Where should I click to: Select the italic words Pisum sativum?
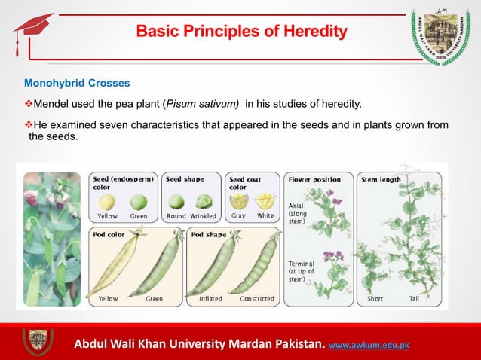pyautogui.click(x=201, y=103)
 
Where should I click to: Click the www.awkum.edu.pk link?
pyautogui.click(x=371, y=346)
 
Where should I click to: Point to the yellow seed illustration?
pyautogui.click(x=108, y=202)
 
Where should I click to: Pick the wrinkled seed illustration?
pyautogui.click(x=204, y=202)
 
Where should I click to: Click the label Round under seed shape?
pyautogui.click(x=176, y=216)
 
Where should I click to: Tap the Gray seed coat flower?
pyautogui.click(x=239, y=201)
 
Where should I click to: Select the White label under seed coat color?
pyautogui.click(x=265, y=216)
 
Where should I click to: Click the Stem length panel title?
pyautogui.click(x=381, y=179)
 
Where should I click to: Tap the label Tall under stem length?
pyautogui.click(x=414, y=299)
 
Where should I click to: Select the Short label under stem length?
pyautogui.click(x=375, y=299)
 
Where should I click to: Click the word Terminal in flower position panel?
pyautogui.click(x=302, y=264)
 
